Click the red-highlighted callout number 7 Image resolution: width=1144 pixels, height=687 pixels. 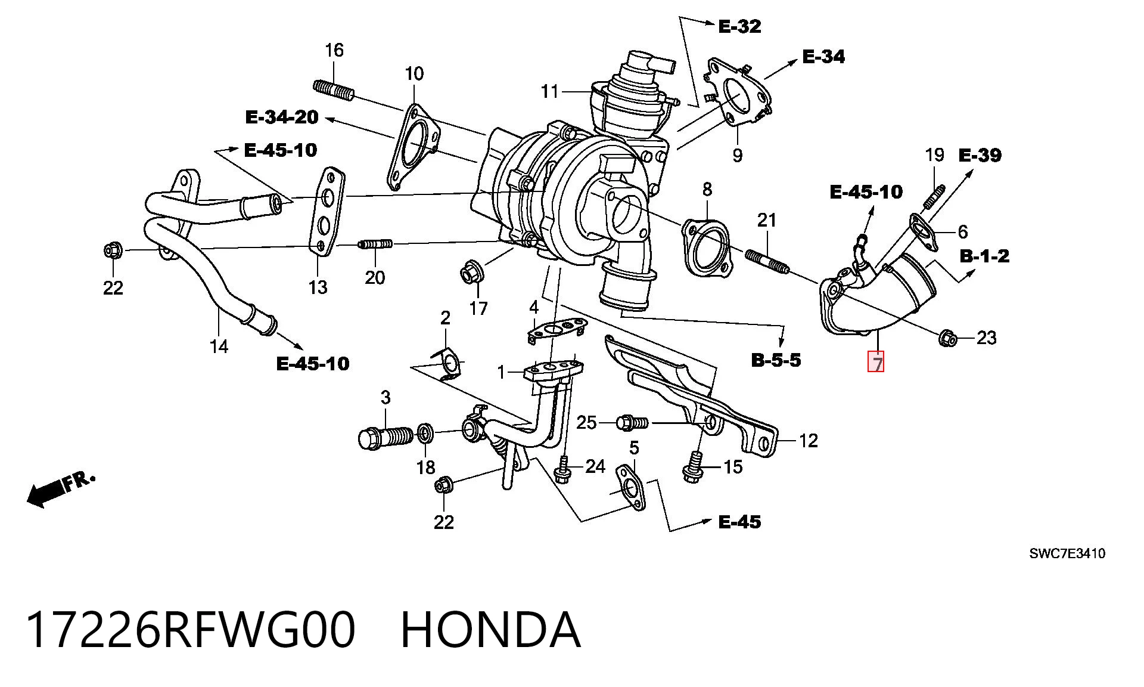876,362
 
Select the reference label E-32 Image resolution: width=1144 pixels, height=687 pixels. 739,26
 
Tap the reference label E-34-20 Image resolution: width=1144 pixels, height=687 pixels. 282,117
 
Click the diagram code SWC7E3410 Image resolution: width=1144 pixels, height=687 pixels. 1067,553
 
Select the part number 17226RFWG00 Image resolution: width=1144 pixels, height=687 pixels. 190,630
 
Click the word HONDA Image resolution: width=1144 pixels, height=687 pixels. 490,630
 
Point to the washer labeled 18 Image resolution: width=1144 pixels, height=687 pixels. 425,433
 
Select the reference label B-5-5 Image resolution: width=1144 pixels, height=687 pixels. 776,360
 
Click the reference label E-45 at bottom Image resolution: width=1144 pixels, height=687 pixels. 739,522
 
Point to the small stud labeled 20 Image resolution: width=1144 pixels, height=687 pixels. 375,243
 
